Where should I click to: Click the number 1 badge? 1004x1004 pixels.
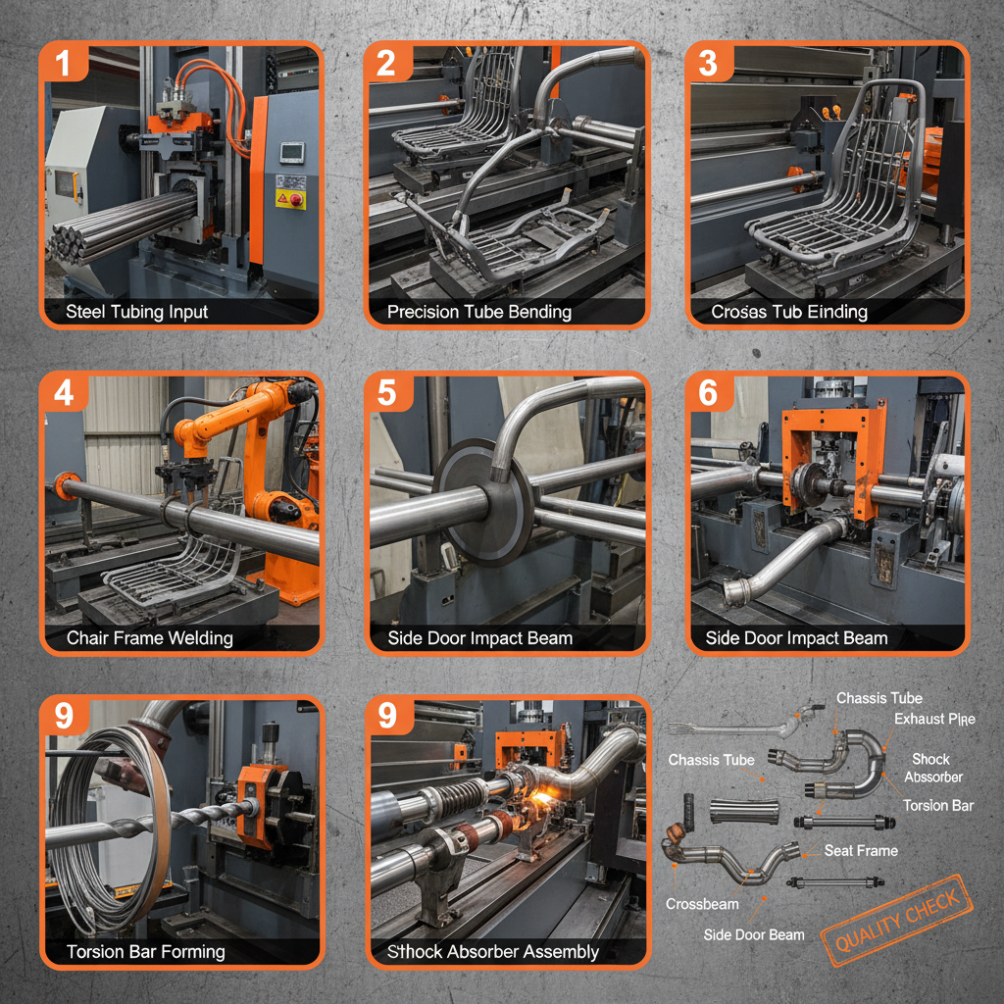[64, 64]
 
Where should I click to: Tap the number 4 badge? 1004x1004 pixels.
[64, 393]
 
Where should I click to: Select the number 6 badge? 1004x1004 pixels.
[708, 393]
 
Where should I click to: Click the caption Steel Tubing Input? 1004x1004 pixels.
[136, 312]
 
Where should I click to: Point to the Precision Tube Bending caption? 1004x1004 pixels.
[478, 312]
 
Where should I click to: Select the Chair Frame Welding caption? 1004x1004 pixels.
[149, 638]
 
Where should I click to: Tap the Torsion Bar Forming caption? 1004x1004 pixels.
[145, 951]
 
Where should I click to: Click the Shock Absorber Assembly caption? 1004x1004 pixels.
[492, 951]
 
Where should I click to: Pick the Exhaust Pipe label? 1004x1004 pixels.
[933, 719]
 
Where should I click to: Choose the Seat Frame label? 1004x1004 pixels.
[860, 850]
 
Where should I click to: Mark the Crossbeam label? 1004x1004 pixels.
[701, 903]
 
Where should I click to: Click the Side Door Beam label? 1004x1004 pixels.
[753, 934]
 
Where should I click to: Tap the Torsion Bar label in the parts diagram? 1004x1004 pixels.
[937, 805]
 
